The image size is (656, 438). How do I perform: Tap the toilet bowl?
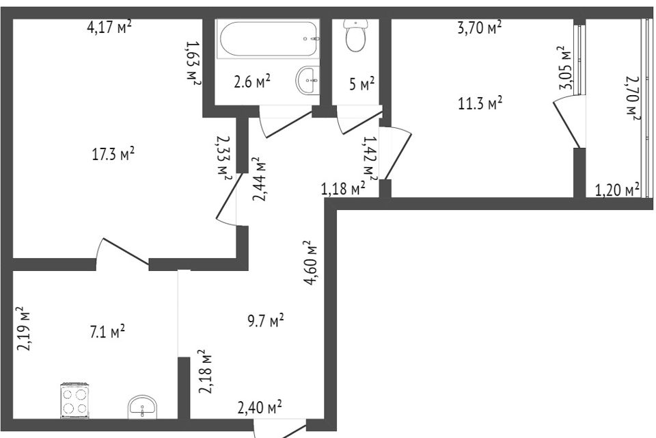pos(355,36)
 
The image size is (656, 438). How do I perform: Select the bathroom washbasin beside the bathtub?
pos(307,80)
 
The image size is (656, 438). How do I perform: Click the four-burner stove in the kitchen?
pos(75,400)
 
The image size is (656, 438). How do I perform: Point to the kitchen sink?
pos(142,407)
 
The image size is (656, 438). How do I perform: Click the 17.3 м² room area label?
pos(113,154)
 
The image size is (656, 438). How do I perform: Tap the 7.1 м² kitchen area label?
pos(107,333)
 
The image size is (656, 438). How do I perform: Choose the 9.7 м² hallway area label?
pos(266,321)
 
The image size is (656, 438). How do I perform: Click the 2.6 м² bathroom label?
pos(252,81)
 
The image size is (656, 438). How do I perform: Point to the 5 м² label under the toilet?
pos(362,83)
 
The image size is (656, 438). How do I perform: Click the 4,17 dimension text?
pos(109,27)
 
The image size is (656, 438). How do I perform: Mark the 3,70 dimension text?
pos(480,27)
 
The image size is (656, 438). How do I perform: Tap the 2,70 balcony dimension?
pos(633,98)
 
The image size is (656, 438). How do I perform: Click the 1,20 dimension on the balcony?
pos(617,190)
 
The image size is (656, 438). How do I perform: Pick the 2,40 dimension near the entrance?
pos(260,407)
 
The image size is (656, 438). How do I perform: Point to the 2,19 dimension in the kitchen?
pos(25,328)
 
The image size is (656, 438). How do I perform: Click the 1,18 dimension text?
pos(343,189)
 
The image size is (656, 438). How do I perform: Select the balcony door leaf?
pos(567,125)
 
